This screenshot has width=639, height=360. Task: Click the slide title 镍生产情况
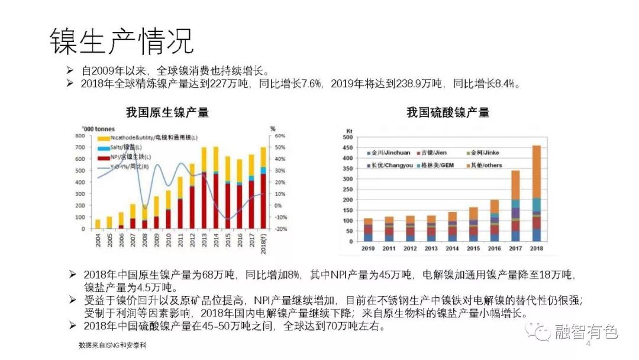click(121, 40)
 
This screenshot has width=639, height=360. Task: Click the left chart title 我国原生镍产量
click(167, 112)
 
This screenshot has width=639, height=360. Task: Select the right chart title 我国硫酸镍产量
click(448, 112)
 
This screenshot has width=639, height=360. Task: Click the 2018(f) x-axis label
click(263, 242)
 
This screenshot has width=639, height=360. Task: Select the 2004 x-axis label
click(98, 240)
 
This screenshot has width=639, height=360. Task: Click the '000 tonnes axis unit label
click(99, 128)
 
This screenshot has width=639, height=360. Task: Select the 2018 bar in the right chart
click(537, 192)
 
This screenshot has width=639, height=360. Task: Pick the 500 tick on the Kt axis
click(348, 137)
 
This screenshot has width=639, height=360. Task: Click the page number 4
click(588, 343)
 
